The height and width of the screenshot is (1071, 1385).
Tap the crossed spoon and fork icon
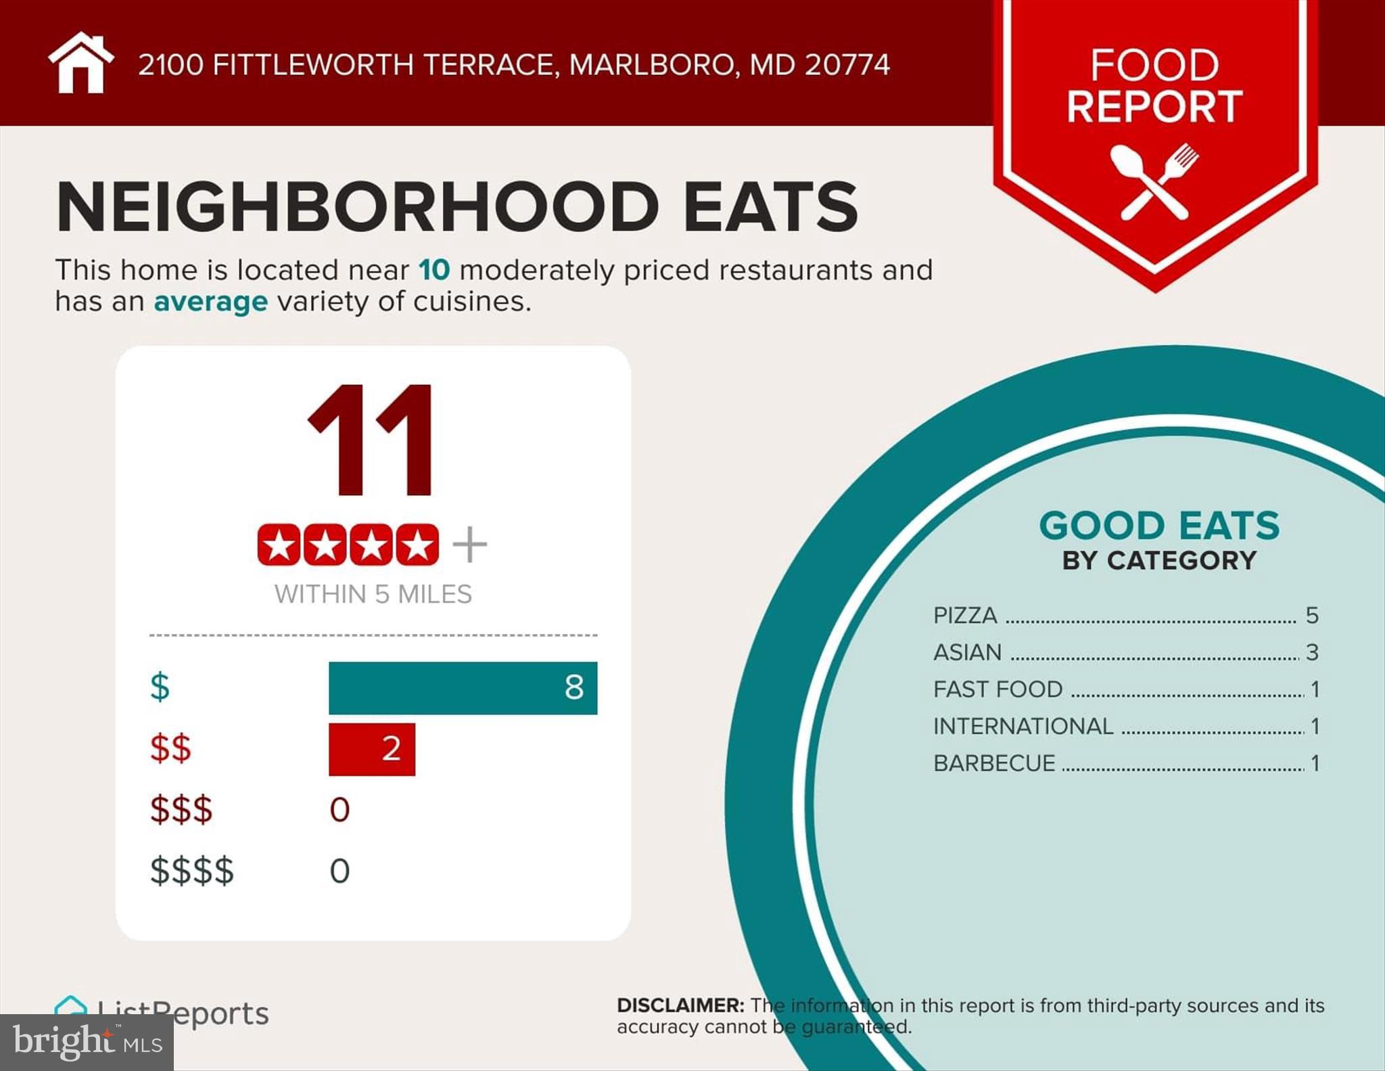(1154, 181)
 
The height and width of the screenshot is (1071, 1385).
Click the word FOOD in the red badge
(1154, 65)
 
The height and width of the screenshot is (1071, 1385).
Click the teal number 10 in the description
(433, 270)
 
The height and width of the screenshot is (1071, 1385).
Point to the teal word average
(210, 302)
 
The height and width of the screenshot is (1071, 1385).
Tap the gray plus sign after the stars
(469, 545)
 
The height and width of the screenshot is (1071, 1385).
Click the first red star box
(279, 545)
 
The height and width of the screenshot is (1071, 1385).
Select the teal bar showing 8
(463, 687)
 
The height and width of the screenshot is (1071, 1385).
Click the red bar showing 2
(371, 749)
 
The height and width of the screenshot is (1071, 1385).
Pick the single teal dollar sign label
(160, 687)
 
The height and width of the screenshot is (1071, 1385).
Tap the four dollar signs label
(192, 871)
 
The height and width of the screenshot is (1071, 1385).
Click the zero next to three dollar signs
(339, 810)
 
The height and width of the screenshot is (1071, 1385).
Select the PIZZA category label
(965, 616)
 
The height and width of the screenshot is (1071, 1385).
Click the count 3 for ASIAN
(1312, 652)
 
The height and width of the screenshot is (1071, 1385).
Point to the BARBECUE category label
(994, 763)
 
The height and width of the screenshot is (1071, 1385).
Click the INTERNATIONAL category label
(1023, 726)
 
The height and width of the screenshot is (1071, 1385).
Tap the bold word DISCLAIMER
(680, 1005)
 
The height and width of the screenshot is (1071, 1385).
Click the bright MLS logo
(87, 1043)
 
